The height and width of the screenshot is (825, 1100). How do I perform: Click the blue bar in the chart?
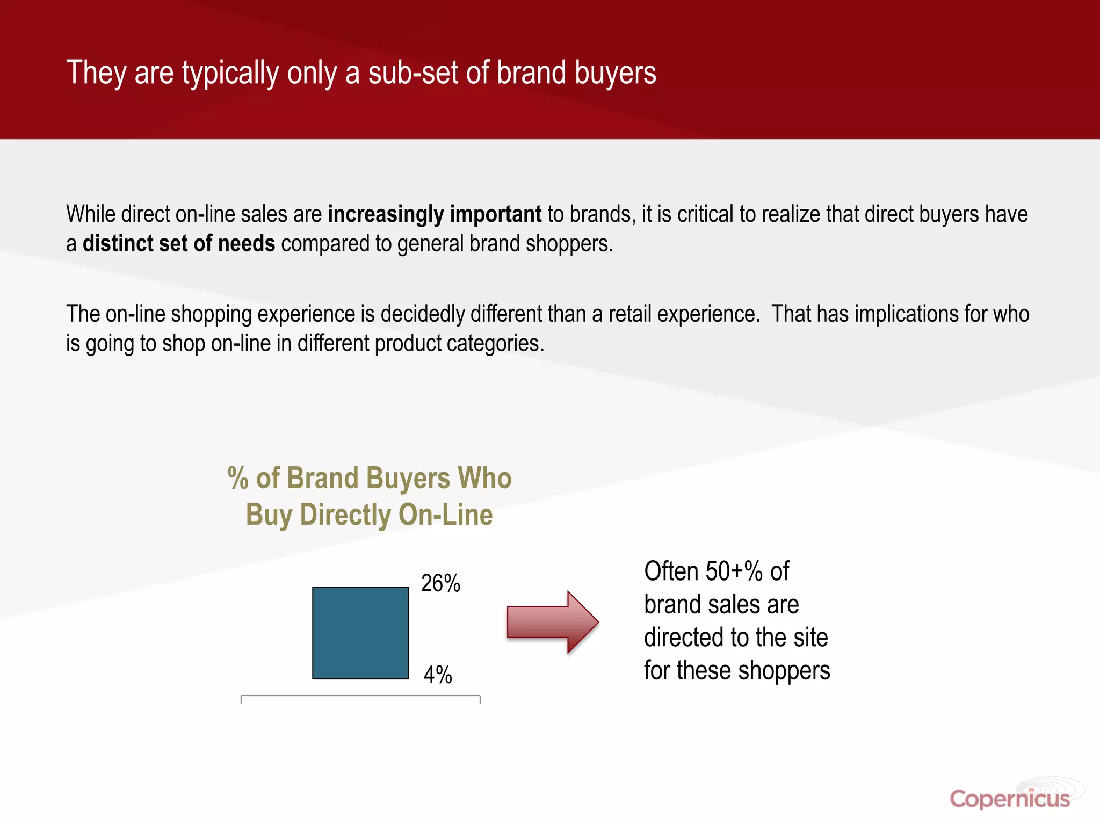(360, 633)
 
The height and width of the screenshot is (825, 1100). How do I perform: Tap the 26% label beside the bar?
(440, 583)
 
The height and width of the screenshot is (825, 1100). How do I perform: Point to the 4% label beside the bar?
(438, 675)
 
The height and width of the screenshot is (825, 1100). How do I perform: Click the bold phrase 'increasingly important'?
(435, 214)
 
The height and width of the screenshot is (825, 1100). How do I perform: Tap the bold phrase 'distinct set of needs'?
(179, 244)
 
